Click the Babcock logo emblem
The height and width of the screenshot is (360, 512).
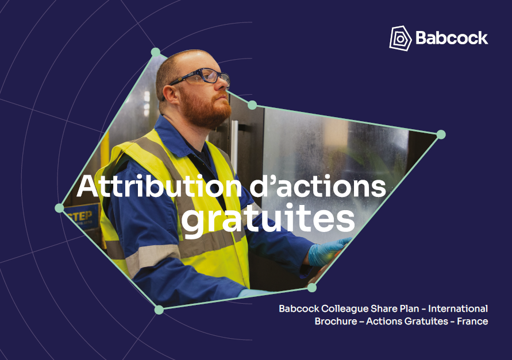point(400,38)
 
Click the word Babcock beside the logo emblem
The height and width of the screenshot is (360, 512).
point(452,38)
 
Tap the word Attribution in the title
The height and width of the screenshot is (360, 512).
point(159,187)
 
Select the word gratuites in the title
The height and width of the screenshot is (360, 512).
point(268,219)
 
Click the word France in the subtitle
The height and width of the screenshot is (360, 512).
point(472,321)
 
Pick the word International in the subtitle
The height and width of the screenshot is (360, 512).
point(458,308)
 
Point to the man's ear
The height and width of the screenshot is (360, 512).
point(171,95)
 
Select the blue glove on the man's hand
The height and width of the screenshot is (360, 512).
point(328,251)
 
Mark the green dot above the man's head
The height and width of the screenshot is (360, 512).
point(156,52)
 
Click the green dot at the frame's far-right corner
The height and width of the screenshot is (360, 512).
point(441,134)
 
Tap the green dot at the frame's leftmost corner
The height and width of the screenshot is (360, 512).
point(59,208)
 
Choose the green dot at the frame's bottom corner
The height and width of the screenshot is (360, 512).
point(159,309)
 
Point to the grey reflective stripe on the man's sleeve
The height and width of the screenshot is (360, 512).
point(152,257)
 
